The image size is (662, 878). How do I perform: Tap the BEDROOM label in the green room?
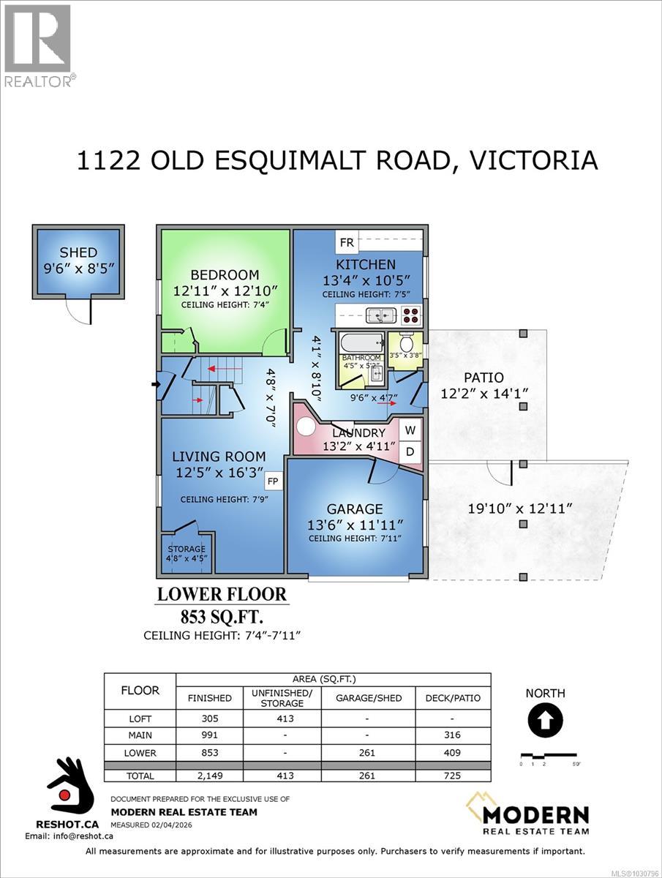[225, 274]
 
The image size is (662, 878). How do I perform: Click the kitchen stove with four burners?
[410, 315]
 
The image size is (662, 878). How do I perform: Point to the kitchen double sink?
[380, 315]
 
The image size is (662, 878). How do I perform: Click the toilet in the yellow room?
[407, 341]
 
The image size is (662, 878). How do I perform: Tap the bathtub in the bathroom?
[361, 342]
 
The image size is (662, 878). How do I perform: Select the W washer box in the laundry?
[410, 429]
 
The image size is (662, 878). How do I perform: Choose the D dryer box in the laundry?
[410, 451]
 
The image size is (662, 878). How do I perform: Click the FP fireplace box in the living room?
[272, 481]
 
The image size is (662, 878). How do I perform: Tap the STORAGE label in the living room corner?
[187, 549]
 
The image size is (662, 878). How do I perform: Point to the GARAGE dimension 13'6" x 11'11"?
[355, 525]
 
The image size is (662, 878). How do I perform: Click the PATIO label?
[484, 378]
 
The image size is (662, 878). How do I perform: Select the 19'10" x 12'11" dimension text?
[522, 507]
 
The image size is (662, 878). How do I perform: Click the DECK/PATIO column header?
[453, 697]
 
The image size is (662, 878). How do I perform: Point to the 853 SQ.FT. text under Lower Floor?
[222, 615]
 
